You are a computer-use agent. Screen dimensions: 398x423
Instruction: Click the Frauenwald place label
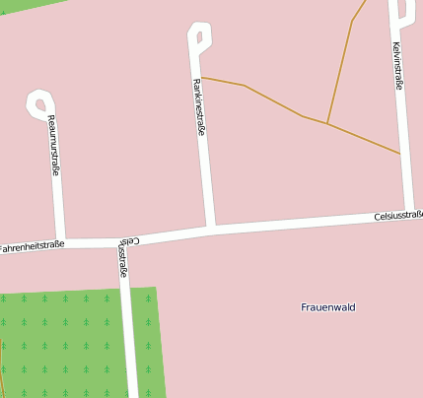tap(327, 307)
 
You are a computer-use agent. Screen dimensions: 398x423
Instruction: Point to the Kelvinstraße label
tap(397, 66)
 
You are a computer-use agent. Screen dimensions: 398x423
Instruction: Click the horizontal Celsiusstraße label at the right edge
tap(397, 215)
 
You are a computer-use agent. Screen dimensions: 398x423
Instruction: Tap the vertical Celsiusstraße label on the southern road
tap(121, 256)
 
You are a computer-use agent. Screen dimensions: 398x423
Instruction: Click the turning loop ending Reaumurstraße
tap(39, 101)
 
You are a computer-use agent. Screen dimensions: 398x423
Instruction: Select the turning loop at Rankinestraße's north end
tap(198, 36)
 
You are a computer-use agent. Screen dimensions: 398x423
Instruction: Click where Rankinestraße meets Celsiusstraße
tap(211, 231)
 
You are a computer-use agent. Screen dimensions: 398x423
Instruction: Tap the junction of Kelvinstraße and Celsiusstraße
tap(408, 213)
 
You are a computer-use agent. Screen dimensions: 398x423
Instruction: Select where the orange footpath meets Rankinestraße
tap(202, 77)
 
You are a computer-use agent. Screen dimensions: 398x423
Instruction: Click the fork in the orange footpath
tap(327, 123)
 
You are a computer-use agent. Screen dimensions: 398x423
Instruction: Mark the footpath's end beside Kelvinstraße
tap(399, 153)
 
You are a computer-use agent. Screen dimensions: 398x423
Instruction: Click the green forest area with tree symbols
tap(69, 340)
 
